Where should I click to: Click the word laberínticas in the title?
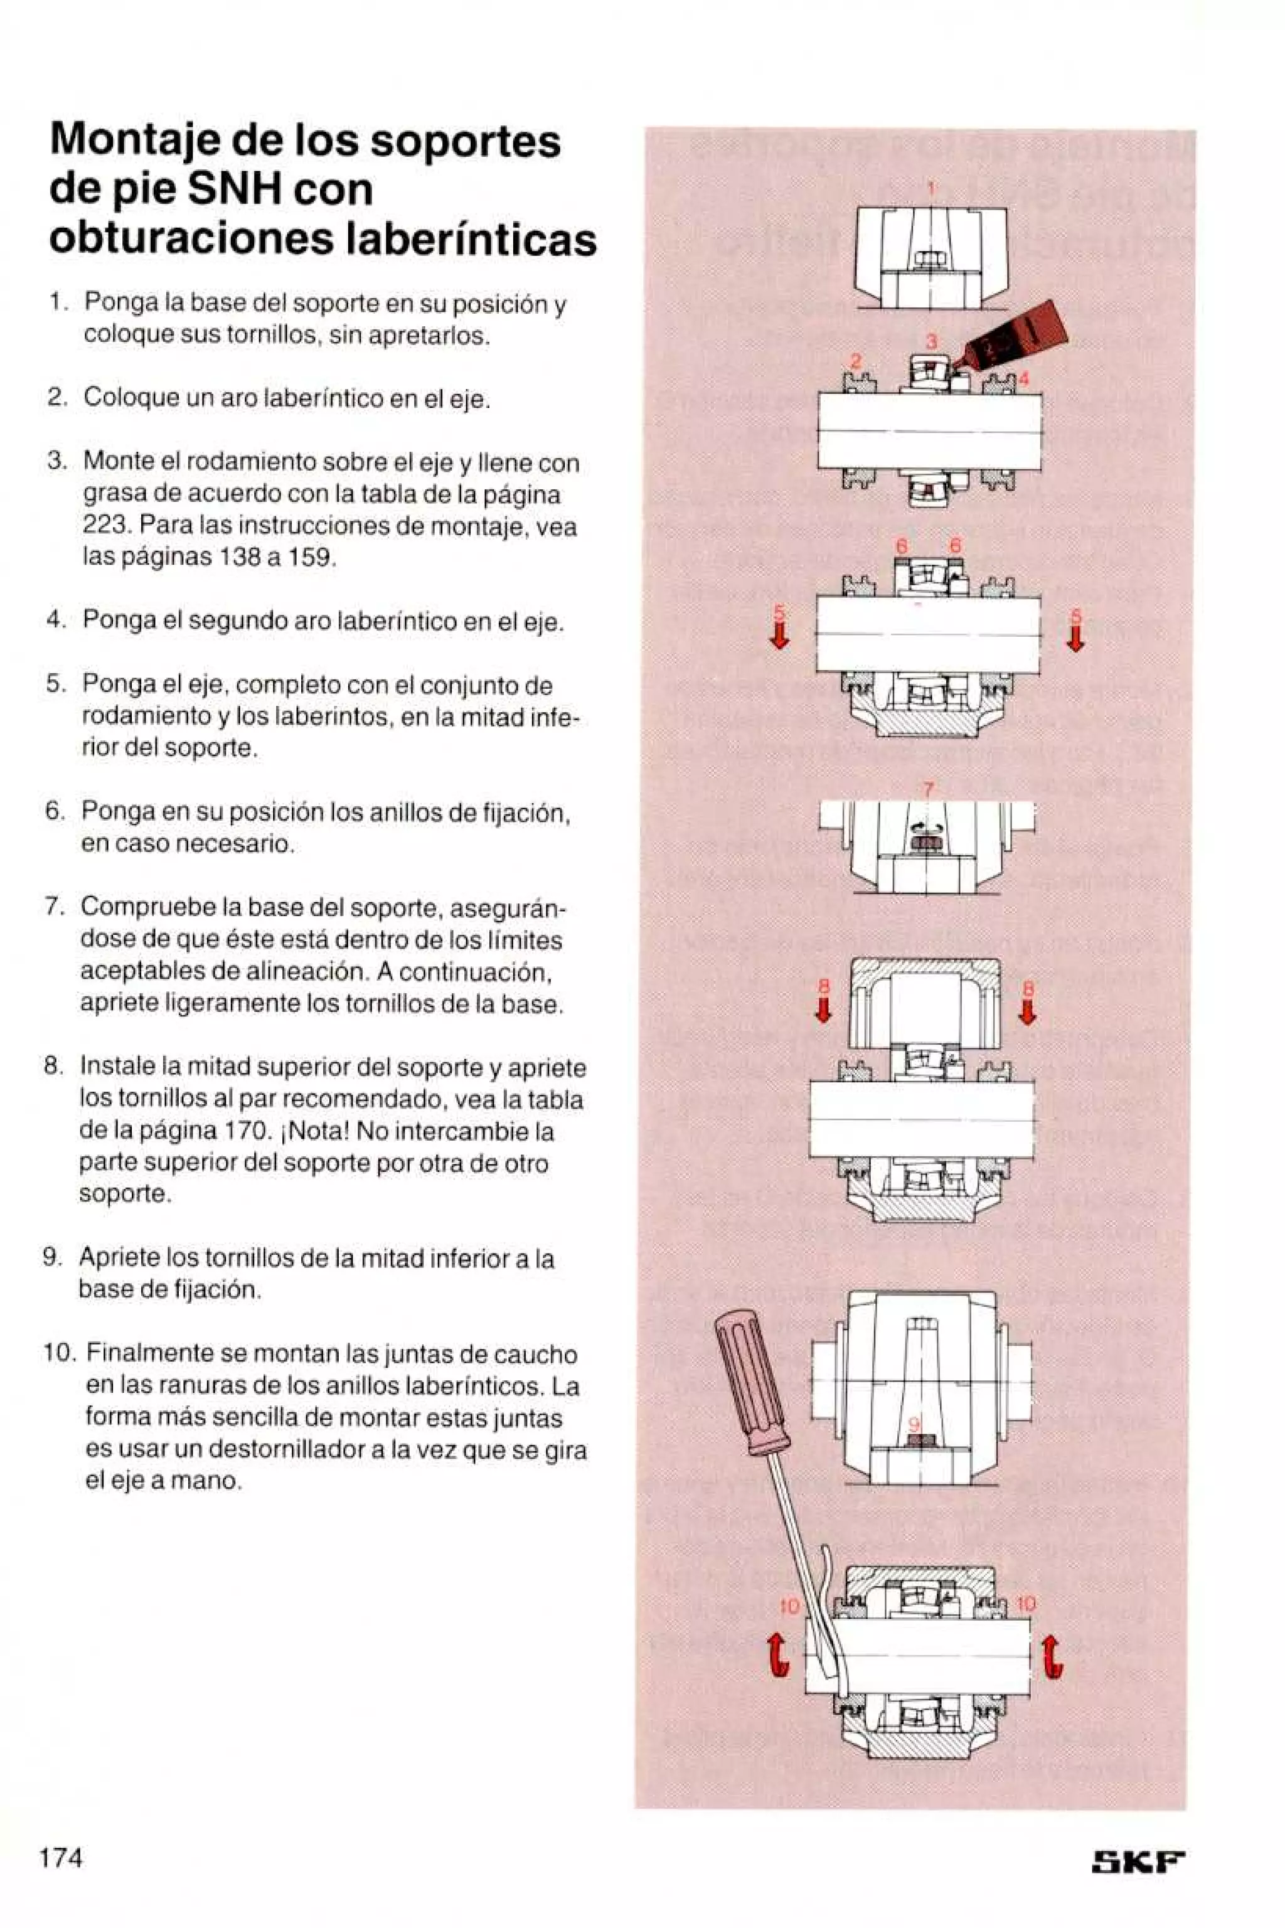point(472,238)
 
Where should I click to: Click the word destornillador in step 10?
point(287,1451)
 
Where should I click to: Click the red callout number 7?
point(929,790)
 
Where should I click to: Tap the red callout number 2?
point(856,361)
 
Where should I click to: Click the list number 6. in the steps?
point(55,812)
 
